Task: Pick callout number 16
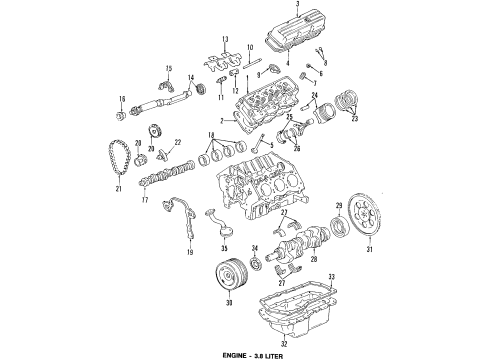[x=120, y=98]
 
